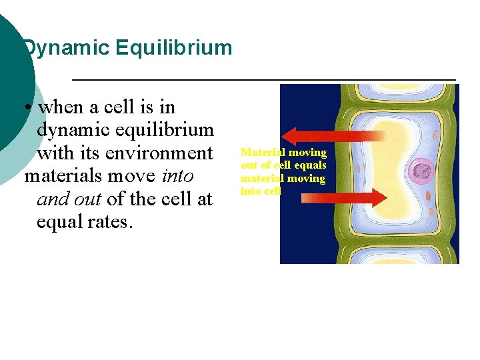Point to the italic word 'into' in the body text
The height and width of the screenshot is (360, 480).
pyautogui.click(x=177, y=176)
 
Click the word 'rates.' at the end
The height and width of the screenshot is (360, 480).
pyautogui.click(x=107, y=221)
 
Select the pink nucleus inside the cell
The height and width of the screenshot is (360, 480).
pyautogui.click(x=422, y=171)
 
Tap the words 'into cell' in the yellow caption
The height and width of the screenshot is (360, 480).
pyautogui.click(x=261, y=191)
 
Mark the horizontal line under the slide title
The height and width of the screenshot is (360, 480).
pyautogui.click(x=263, y=80)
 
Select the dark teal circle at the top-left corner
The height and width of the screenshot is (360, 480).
pyautogui.click(x=10, y=73)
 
